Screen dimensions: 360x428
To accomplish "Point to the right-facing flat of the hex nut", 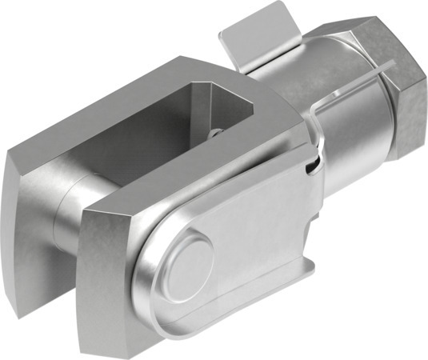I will (412, 120).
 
